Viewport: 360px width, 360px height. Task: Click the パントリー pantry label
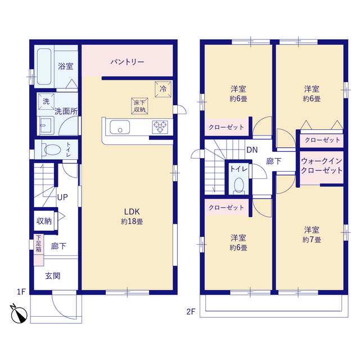[x=127, y=61]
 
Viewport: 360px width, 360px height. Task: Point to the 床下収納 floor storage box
[x=139, y=105]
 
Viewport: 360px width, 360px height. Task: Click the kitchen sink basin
[x=119, y=128]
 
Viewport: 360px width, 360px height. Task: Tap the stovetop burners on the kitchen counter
[x=160, y=128]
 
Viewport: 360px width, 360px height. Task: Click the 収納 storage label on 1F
[x=44, y=221]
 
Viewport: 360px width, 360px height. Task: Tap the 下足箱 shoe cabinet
[x=38, y=250]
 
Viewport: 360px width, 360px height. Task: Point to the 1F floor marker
[x=21, y=291]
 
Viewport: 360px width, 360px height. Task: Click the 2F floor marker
[x=191, y=311]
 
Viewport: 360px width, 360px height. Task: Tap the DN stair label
[x=251, y=150]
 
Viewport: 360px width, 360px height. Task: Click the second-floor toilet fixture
[x=238, y=185]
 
